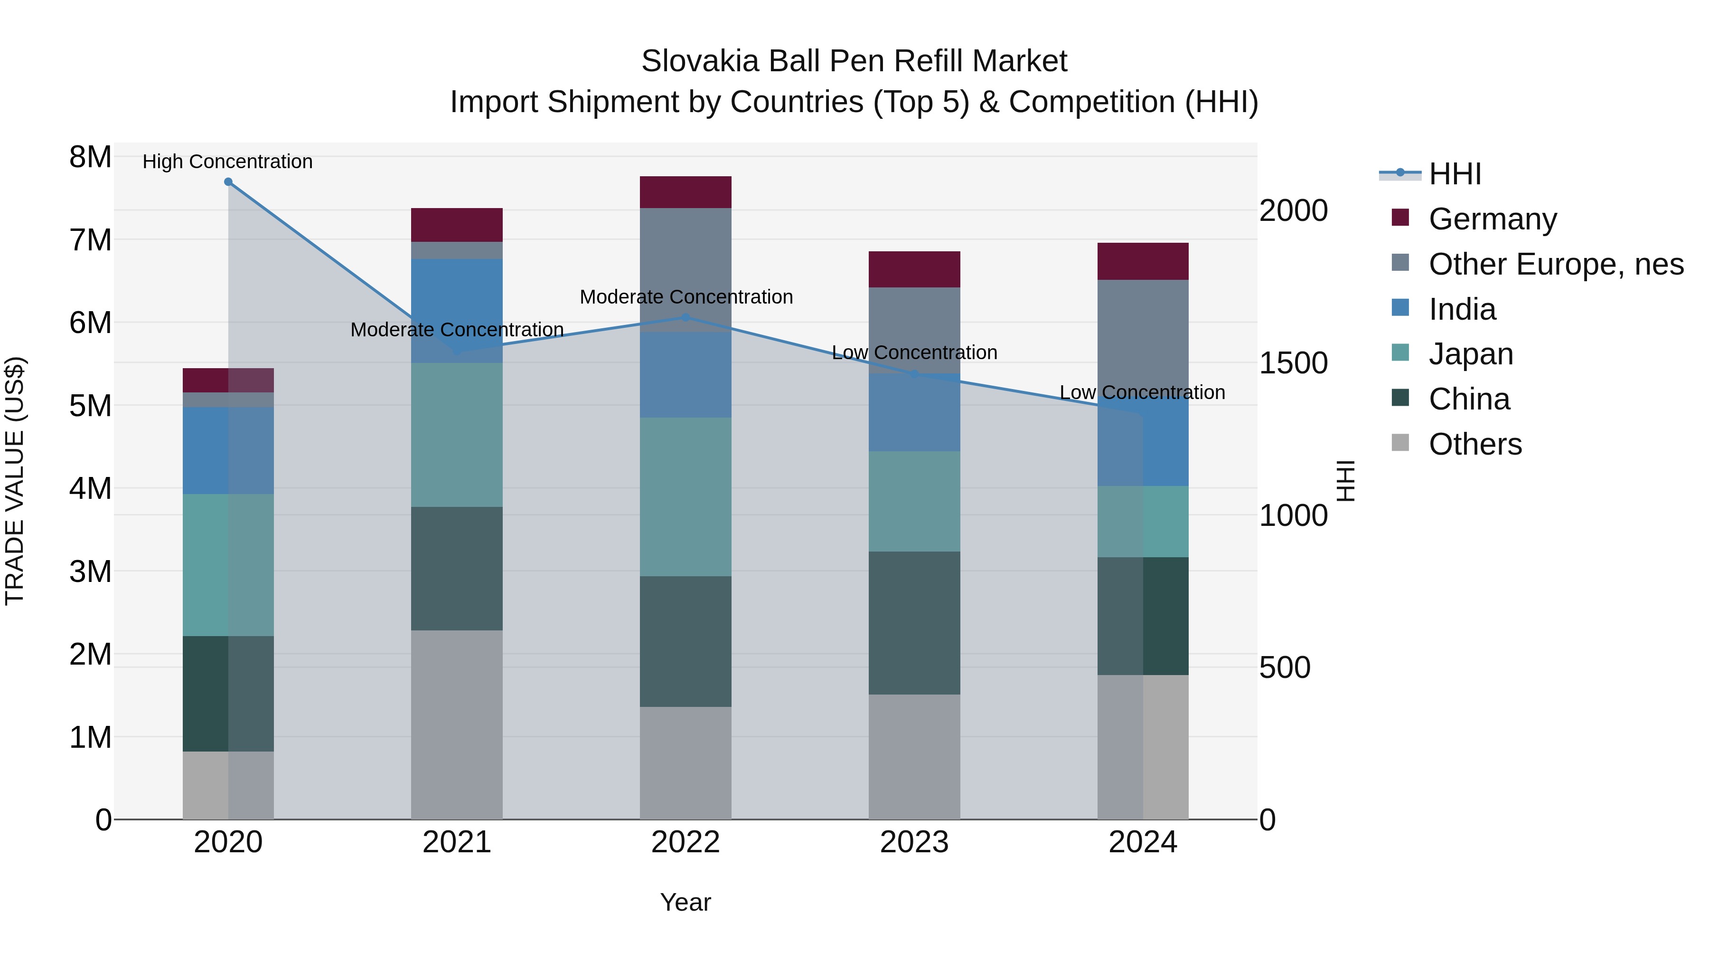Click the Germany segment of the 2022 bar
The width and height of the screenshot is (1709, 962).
coord(685,192)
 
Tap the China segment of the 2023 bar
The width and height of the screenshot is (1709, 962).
coord(914,623)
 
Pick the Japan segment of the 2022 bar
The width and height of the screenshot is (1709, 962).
coord(685,496)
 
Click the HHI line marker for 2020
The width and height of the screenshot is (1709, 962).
coord(228,181)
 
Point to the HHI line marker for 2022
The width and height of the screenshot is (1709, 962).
coord(685,317)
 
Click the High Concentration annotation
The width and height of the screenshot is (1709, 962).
coord(227,162)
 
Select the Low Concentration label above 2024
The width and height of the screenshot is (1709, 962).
coord(1142,392)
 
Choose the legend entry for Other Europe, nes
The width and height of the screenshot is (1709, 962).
coord(1556,264)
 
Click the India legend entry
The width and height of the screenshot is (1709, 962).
coord(1462,309)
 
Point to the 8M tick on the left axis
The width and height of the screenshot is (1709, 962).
coord(90,157)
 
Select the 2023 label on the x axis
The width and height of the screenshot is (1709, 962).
coord(914,842)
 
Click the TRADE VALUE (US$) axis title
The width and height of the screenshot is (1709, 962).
coord(15,481)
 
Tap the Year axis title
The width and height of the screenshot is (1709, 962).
coord(685,902)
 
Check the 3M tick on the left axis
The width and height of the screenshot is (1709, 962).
coord(90,571)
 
